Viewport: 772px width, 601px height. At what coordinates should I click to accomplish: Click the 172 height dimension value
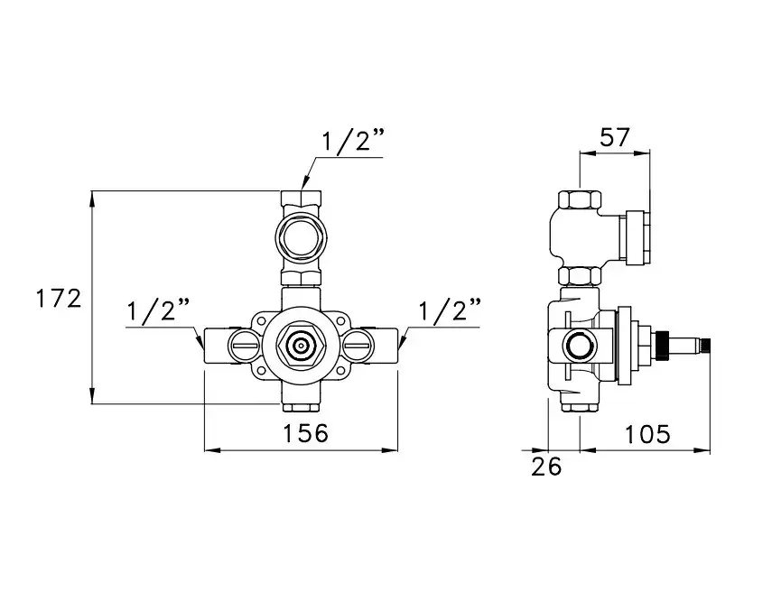[59, 299]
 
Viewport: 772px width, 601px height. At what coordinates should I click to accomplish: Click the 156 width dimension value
[305, 433]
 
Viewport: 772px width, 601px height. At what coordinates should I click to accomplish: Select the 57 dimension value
[615, 137]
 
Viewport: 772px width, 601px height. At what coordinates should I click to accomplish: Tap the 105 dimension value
[647, 434]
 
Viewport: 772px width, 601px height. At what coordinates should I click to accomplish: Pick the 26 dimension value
[546, 467]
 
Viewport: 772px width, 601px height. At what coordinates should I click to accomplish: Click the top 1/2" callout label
[352, 143]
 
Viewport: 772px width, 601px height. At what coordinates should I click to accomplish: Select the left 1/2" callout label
[159, 311]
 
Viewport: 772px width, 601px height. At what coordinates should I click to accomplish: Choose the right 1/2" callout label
[450, 310]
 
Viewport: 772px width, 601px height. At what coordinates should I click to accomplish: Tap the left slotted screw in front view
[244, 346]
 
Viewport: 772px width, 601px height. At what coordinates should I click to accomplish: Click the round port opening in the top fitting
[301, 239]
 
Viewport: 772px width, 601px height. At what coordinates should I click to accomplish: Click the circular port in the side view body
[581, 346]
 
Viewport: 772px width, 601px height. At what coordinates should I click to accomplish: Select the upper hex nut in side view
[580, 199]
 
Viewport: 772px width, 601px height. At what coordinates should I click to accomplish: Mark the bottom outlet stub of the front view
[301, 408]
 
